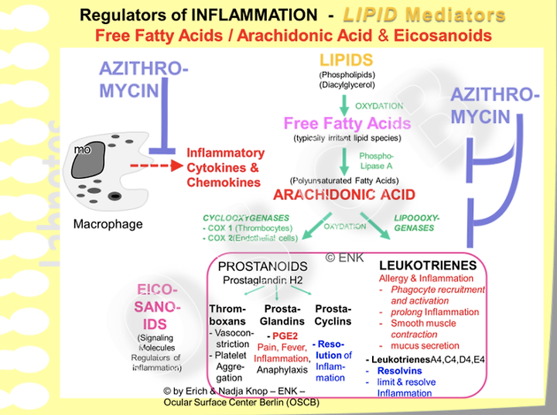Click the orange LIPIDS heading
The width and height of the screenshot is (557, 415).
point(345,60)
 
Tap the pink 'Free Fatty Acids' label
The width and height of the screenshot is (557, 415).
point(346,123)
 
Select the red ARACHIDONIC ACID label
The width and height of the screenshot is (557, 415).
point(345,195)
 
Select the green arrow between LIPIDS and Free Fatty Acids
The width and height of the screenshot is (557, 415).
point(345,101)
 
